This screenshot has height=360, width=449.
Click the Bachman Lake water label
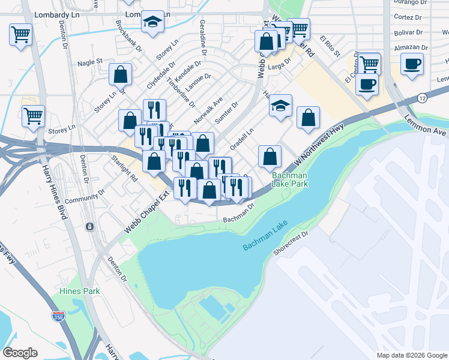pyautogui.click(x=266, y=236)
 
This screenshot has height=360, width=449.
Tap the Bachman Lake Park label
pyautogui.click(x=291, y=179)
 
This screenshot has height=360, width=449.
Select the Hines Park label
pyautogui.click(x=79, y=291)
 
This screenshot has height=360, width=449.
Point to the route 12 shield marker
pyautogui.click(x=423, y=98)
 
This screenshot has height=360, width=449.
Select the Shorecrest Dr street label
pyautogui.click(x=291, y=243)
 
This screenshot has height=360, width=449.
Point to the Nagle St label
pyautogui.click(x=90, y=61)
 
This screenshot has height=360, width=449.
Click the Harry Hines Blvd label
pyautogui.click(x=53, y=192)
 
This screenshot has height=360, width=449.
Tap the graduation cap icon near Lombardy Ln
pyautogui.click(x=153, y=22)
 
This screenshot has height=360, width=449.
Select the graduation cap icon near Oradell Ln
pyautogui.click(x=280, y=106)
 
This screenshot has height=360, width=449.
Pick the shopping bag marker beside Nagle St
pyautogui.click(x=121, y=74)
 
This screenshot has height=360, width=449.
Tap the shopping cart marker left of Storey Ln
pyautogui.click(x=33, y=115)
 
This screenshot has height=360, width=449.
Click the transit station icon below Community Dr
pyautogui.click(x=89, y=227)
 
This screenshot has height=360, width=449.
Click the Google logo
pyautogui.click(x=20, y=353)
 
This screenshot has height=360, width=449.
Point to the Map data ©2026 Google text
pyautogui.click(x=411, y=355)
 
